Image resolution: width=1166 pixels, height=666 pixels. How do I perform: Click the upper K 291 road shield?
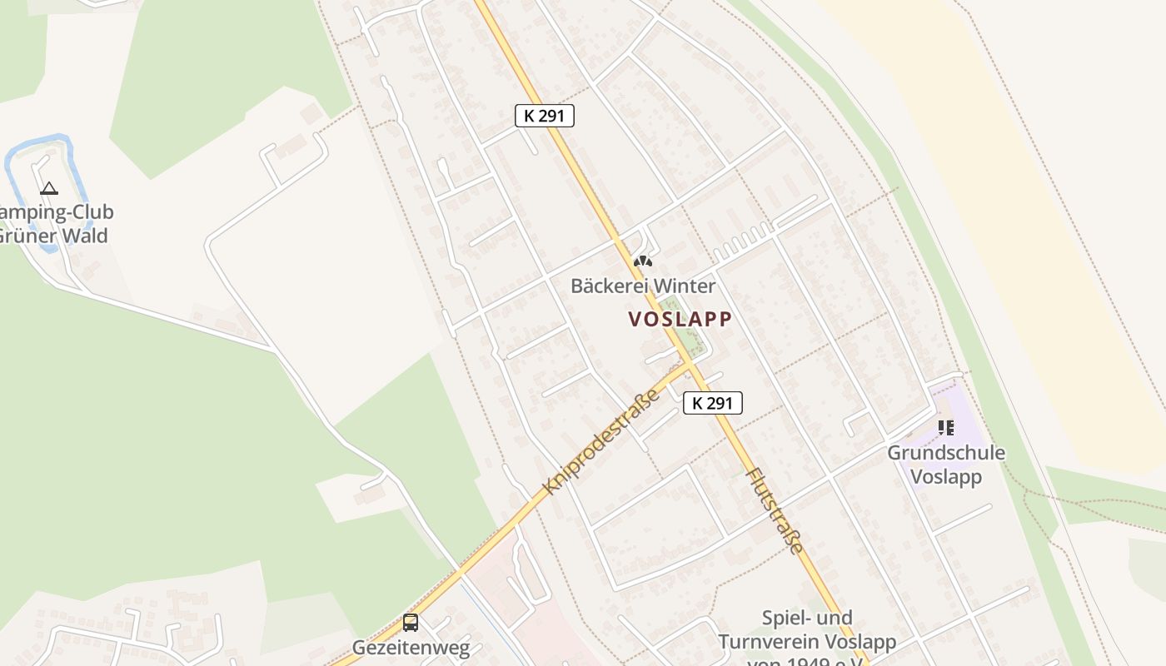545,116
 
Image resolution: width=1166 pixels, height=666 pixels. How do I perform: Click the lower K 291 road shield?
713,403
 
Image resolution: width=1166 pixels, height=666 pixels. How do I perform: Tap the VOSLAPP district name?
680,319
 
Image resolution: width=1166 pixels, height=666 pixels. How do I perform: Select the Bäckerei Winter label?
642,286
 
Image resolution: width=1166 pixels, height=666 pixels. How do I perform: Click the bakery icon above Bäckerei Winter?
642,261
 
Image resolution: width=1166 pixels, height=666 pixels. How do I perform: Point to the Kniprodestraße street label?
600,441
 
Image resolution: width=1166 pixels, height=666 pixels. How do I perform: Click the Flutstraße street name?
775,510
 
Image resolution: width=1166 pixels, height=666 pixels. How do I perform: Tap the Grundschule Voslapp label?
946,465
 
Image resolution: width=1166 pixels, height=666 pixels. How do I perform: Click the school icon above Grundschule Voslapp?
946,428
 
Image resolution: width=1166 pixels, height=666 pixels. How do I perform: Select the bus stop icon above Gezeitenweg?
411,622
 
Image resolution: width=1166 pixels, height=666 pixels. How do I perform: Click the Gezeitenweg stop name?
411,647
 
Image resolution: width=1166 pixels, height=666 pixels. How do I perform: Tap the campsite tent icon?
49,188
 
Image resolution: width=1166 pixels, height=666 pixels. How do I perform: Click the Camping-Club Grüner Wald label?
53,224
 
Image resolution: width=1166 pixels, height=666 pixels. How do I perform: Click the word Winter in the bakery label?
684,286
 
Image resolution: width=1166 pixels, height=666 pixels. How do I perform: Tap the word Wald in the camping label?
85,236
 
